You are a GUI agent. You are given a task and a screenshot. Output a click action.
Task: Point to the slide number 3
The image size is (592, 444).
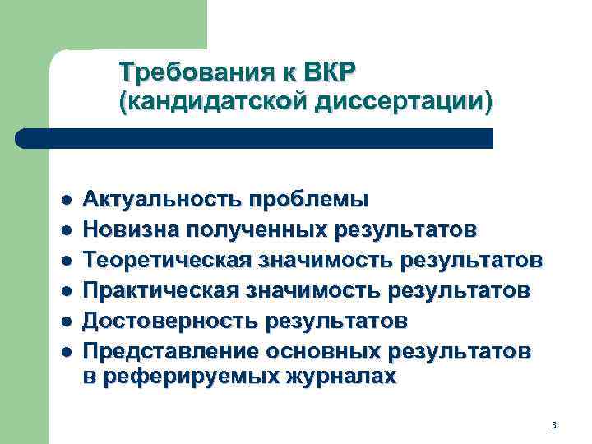click(553, 425)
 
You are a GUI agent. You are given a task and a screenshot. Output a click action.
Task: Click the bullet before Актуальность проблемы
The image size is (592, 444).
click(66, 201)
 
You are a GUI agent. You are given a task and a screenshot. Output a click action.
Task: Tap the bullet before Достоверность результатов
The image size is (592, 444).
click(66, 319)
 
